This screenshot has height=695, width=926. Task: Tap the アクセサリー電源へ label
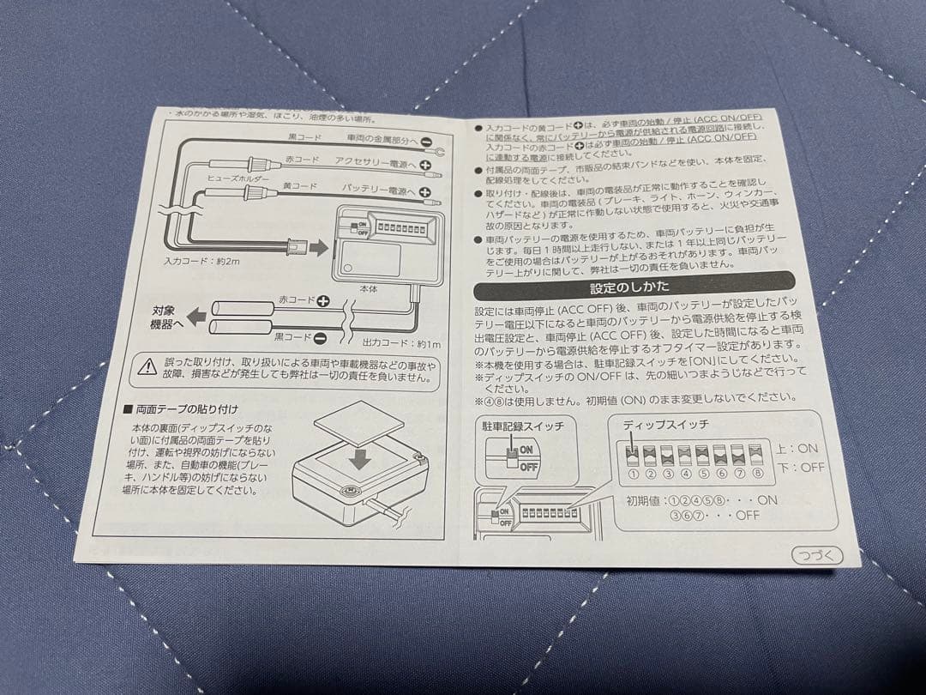pyautogui.click(x=376, y=163)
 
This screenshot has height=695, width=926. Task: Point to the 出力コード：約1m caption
pyautogui.click(x=400, y=343)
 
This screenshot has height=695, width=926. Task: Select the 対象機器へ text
pyautogui.click(x=168, y=317)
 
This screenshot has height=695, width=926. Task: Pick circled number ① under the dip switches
pyautogui.click(x=633, y=473)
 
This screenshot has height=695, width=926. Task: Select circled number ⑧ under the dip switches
pyautogui.click(x=757, y=473)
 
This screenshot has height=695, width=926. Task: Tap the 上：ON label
pyautogui.click(x=797, y=448)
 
